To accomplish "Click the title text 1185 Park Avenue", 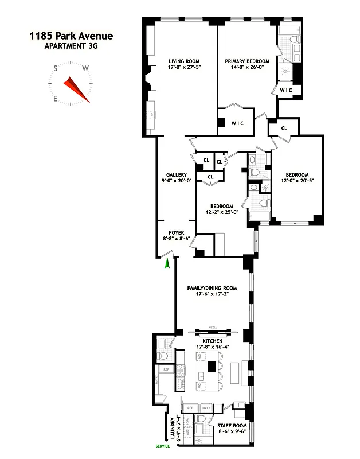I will pos(71,36).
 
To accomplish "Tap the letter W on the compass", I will pos(85,68).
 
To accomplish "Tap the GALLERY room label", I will pos(176,174).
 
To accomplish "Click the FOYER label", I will pos(175,233).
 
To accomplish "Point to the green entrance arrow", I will pos(167,263).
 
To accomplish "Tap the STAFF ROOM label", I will pos(232,425).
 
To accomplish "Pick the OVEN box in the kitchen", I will pos(206,408).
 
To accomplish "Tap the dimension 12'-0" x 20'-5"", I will pos(297,181).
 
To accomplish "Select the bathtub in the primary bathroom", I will pos(284,41).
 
